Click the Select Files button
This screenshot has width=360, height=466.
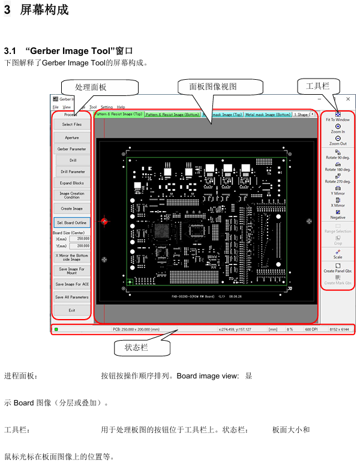(x=72, y=125)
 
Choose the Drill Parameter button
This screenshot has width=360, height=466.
(x=73, y=172)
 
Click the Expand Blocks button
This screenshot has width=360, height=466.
(x=72, y=183)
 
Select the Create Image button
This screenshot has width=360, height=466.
(x=72, y=209)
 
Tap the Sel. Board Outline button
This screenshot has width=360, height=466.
(x=72, y=223)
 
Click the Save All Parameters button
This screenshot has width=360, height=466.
(x=72, y=297)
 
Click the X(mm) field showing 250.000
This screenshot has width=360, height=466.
(x=80, y=239)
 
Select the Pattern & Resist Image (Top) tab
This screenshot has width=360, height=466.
(x=118, y=114)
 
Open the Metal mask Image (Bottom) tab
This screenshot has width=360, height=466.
(x=268, y=114)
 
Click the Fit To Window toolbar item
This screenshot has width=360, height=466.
(x=338, y=116)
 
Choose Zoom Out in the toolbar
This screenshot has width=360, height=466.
(x=338, y=140)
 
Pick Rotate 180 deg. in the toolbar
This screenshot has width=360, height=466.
(x=338, y=166)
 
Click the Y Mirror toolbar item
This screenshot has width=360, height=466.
(x=338, y=190)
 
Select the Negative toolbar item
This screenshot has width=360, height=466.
(x=338, y=215)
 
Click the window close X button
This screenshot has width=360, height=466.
(x=347, y=99)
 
